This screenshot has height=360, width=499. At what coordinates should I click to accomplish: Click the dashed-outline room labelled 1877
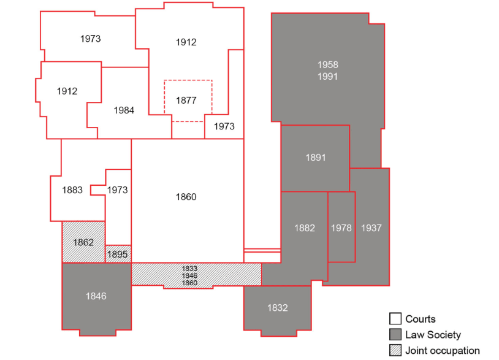click(187, 100)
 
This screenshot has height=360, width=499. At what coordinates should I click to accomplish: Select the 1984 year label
click(124, 110)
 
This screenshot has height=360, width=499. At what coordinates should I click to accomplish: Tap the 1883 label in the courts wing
click(72, 190)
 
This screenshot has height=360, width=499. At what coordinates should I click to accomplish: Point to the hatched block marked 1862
click(83, 242)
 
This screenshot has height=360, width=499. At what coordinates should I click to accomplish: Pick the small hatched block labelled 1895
click(118, 254)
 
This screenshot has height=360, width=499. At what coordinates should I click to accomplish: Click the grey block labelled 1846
click(96, 296)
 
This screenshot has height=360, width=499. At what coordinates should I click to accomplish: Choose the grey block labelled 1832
click(277, 308)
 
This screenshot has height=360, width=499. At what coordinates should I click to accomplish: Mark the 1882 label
click(305, 228)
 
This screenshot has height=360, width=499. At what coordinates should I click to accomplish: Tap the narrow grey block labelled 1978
click(341, 228)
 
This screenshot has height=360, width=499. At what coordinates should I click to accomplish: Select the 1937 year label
click(371, 228)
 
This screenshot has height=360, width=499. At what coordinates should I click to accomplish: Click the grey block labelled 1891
click(316, 158)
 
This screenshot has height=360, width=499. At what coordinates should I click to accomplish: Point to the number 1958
click(327, 64)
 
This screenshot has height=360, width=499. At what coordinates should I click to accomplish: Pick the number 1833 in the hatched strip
click(189, 268)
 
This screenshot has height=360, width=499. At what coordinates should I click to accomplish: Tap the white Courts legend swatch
click(395, 319)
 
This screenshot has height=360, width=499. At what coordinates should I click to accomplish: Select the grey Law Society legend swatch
click(395, 335)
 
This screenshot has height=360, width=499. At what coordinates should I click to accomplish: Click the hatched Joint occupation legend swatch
click(395, 351)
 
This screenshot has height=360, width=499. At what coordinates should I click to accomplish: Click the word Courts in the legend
click(421, 319)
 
